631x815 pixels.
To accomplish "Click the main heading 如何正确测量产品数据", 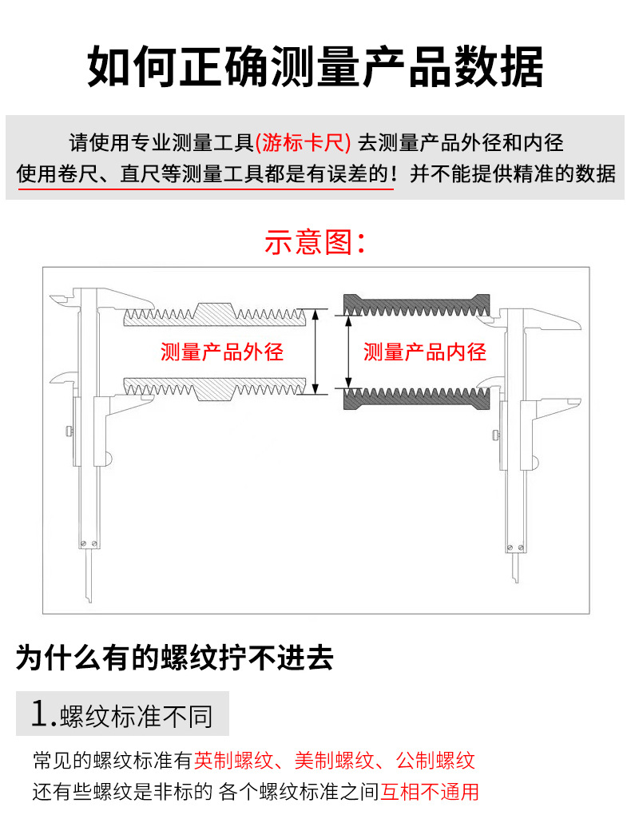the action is pos(315,67).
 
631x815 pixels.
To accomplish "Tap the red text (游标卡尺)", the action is pos(304,143).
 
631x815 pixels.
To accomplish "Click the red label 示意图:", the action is pos(315,241).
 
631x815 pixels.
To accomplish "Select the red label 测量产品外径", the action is pos(222,352).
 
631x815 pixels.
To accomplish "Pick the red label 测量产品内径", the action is pos(425,352).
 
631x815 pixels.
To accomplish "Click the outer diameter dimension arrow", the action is pos(318,352).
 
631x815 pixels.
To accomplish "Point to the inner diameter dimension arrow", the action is pos(347,352).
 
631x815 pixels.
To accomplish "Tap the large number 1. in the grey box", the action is pos(43,714).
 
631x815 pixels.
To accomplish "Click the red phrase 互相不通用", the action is pos(430,792).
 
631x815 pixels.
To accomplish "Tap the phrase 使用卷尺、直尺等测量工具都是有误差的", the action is pos(204,173).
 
